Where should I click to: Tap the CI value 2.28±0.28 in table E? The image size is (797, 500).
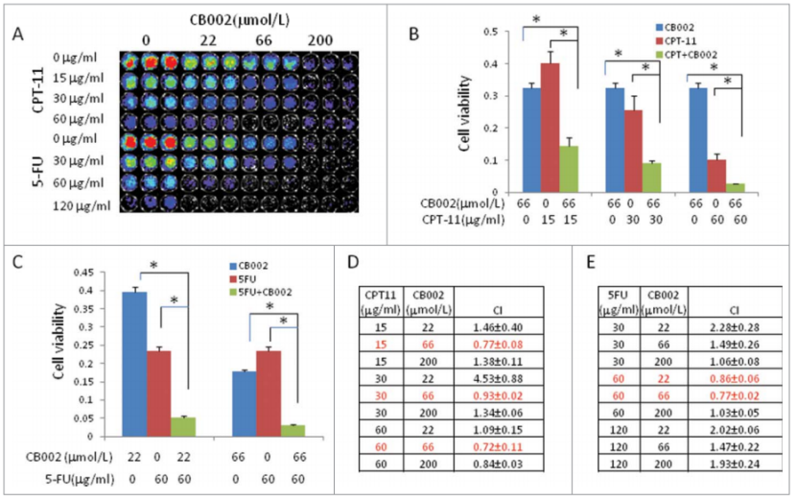click(x=733, y=326)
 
